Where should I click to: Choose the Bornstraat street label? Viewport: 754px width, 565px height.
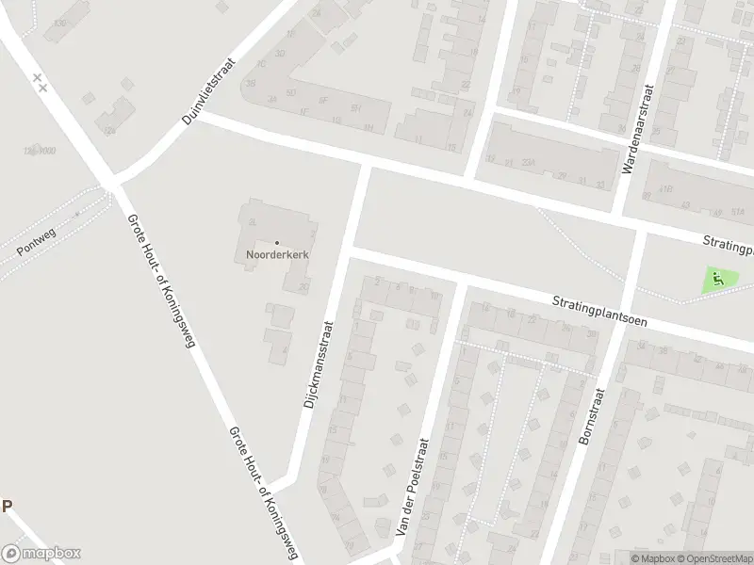(589, 413)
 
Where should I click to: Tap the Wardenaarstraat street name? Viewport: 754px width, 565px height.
(636, 129)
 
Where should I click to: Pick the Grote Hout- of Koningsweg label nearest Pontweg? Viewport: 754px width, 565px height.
(160, 280)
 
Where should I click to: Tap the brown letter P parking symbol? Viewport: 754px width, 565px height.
(7, 506)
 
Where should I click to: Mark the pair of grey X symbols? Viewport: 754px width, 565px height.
(40, 83)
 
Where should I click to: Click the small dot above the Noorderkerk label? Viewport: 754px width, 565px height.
(276, 243)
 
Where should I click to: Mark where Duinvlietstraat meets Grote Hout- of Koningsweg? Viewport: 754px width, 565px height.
(112, 180)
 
